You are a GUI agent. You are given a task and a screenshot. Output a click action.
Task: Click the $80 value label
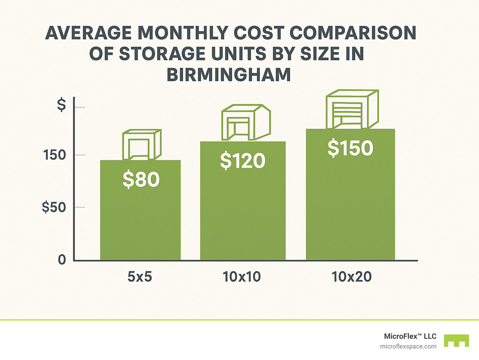(x=141, y=179)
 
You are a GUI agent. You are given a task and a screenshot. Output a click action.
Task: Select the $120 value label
(x=243, y=161)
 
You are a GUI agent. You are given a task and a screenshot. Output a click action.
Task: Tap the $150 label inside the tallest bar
(x=350, y=148)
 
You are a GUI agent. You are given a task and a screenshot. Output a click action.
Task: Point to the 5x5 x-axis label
(x=140, y=277)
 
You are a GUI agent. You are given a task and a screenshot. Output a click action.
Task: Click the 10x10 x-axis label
(x=242, y=277)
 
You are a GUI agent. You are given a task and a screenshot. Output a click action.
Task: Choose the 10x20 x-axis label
(x=351, y=277)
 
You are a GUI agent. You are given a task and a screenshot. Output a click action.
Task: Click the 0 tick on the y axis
(x=62, y=260)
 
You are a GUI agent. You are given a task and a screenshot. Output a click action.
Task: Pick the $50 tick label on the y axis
(x=54, y=207)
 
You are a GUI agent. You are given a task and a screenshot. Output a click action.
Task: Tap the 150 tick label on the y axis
(x=55, y=155)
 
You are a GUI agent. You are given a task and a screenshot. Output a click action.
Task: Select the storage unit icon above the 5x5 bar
(x=142, y=145)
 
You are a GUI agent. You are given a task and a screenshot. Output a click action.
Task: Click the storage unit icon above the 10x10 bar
(x=246, y=122)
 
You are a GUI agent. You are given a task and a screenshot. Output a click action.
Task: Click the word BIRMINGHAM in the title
(x=229, y=75)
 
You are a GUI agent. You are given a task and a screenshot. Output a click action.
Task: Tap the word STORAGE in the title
(x=162, y=54)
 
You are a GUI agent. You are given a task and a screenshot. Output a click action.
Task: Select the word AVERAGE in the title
(x=88, y=33)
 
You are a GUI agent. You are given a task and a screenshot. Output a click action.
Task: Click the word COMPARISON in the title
(x=353, y=33)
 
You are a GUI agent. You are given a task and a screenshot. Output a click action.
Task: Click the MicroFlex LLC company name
(x=410, y=336)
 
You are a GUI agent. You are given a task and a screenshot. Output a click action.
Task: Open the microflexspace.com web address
(x=408, y=346)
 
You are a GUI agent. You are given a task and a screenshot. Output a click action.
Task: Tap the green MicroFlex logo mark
(x=457, y=341)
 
